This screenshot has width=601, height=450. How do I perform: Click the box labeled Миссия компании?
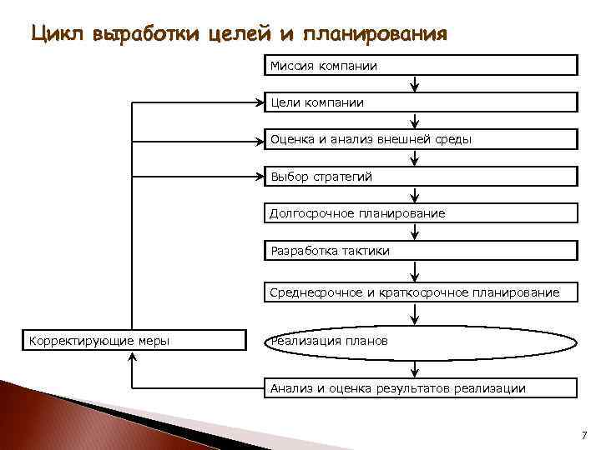(421, 65)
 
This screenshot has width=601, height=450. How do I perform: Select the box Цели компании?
(421, 102)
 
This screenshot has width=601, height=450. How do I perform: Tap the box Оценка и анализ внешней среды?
(421, 139)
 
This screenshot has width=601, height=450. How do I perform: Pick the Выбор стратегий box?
(421, 177)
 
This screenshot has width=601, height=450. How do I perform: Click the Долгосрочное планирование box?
(421, 213)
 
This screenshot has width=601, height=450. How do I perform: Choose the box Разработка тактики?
(421, 250)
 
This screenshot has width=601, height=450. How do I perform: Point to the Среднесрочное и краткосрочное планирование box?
(421, 292)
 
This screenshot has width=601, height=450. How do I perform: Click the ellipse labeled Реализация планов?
(421, 342)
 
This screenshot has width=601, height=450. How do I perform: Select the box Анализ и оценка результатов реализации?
(421, 387)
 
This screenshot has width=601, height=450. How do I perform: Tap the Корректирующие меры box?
(134, 340)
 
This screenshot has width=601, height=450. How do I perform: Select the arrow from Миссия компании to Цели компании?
(415, 84)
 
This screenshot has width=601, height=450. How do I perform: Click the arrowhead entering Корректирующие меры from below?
(132, 356)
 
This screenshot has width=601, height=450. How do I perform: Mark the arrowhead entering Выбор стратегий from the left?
(258, 177)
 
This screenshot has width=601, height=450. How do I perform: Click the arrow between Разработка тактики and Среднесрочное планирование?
(415, 272)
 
